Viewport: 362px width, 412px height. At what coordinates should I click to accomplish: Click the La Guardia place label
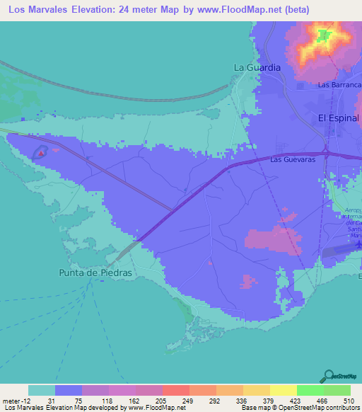pos(257,67)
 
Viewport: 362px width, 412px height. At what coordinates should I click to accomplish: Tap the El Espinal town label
pos(339,118)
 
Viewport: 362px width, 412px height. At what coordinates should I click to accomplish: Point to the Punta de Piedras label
pos(95,273)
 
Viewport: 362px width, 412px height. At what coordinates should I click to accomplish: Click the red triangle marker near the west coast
pos(42,150)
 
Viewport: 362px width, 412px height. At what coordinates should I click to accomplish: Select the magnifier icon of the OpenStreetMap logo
pos(329,377)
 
